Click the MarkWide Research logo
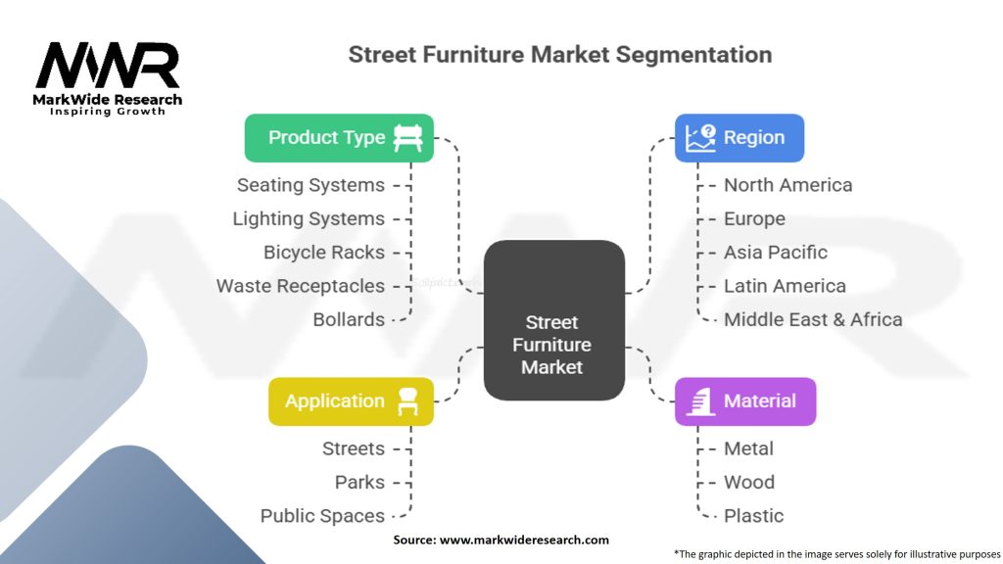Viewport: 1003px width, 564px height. pos(108,76)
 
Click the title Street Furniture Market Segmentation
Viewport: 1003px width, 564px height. pos(559,54)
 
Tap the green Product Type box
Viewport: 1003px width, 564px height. pos(339,137)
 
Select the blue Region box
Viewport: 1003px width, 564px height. pos(740,137)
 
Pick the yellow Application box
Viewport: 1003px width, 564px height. pos(351,401)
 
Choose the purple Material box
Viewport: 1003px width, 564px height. pos(744,401)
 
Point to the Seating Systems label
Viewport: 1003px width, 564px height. pos(310,185)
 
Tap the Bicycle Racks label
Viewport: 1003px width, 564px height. pos(324,253)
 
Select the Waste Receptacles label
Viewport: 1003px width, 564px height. pos(301,286)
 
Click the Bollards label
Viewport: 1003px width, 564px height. pos(349,320)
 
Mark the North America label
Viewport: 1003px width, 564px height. pos(788,185)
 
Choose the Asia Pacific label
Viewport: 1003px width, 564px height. pos(775,253)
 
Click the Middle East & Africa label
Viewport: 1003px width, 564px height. pos(812,320)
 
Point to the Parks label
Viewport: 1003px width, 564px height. pos(359,483)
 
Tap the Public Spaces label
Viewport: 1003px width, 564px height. pos(322,516)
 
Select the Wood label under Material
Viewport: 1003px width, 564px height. pos(748,483)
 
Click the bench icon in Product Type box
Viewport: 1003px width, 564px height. pos(407,137)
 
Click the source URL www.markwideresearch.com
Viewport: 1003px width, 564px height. pos(525,540)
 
